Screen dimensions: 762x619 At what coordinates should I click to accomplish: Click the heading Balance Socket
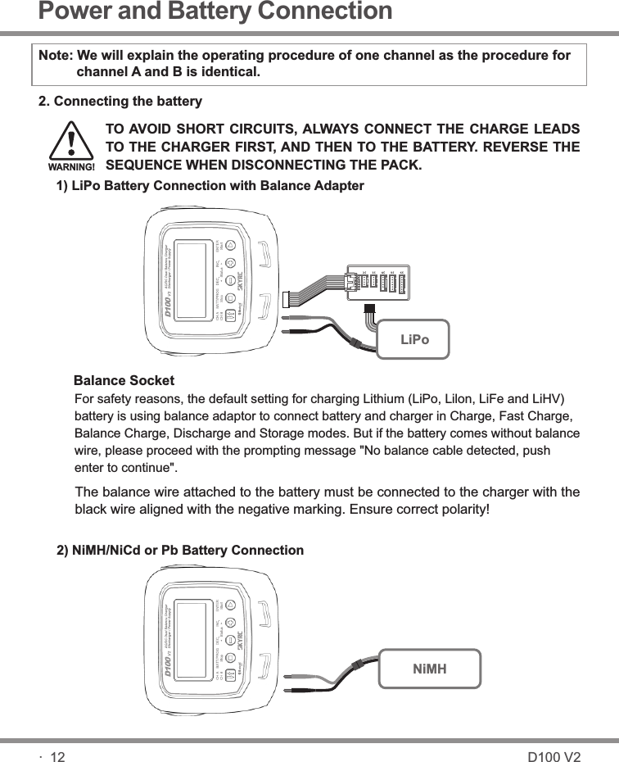124,381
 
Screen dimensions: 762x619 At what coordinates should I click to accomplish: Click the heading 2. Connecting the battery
120,102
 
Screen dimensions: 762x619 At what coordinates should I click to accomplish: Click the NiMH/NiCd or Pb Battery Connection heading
179,550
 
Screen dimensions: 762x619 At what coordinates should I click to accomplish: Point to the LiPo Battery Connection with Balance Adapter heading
209,186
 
